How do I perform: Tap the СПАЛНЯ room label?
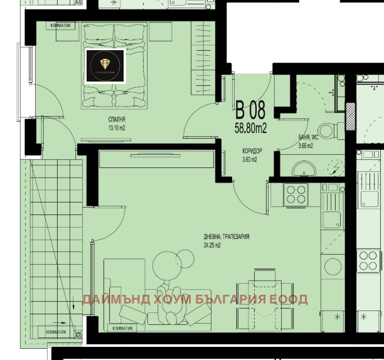117,119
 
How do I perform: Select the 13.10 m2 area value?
117,127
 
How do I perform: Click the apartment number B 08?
250,112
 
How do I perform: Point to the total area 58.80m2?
250,129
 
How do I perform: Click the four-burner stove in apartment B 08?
296,194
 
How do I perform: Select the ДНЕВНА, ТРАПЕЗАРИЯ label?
227,236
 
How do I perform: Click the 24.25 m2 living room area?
211,245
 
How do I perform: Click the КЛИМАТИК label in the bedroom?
65,26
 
